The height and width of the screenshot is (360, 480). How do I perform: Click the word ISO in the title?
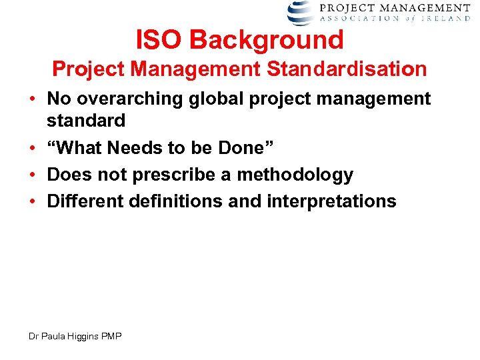[159, 40]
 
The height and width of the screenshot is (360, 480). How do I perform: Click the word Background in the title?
[267, 40]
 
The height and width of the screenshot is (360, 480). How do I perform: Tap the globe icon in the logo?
[301, 12]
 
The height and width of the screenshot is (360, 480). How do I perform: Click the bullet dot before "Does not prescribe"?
[32, 175]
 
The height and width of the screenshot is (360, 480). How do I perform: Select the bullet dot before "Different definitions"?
[32, 201]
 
